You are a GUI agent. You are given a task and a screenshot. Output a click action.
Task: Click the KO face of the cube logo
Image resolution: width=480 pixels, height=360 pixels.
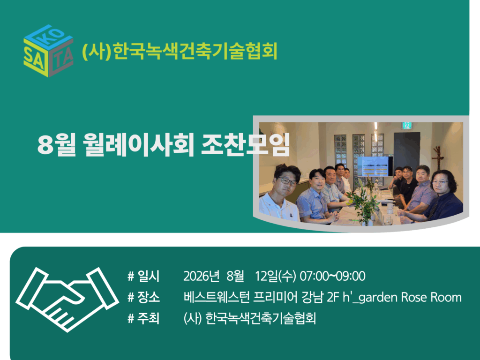click(49, 37)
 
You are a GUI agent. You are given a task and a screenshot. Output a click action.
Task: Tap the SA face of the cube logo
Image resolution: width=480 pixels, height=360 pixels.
click(35, 59)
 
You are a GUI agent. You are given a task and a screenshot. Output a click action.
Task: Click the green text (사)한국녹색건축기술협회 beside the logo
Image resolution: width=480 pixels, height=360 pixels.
click(180, 51)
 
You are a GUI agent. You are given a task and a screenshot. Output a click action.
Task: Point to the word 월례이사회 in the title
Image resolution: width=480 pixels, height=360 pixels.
click(139, 145)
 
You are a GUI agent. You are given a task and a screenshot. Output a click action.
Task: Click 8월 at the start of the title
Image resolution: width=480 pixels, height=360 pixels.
click(57, 145)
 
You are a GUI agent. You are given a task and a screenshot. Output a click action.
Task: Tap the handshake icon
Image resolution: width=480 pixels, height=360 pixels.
click(67, 299)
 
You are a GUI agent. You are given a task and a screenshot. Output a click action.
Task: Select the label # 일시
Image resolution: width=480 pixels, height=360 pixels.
click(143, 276)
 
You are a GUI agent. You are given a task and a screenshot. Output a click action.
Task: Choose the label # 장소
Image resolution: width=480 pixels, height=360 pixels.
click(143, 297)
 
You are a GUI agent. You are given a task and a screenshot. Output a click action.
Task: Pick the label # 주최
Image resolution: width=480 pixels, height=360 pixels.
click(143, 318)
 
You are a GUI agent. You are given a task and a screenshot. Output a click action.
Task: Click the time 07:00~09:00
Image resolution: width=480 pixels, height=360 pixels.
click(332, 276)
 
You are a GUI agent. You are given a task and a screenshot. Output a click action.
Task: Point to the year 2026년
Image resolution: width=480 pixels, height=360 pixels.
click(202, 276)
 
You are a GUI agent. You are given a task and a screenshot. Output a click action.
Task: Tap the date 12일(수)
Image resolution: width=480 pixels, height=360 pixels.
click(276, 276)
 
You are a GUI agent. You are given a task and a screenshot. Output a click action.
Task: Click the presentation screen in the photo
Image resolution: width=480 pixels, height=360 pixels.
click(375, 166)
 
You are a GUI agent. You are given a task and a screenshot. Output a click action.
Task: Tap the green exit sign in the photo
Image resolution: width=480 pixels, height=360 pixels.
click(406, 125)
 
